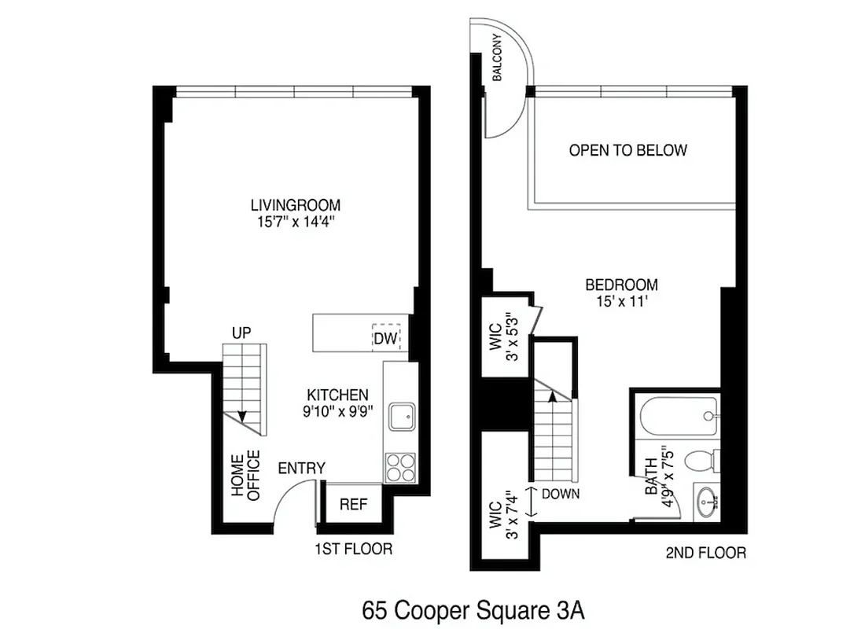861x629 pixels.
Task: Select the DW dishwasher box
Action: point(385,338)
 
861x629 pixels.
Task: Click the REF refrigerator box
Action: point(353,504)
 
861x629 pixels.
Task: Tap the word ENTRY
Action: point(301,469)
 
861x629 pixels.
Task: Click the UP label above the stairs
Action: point(241,333)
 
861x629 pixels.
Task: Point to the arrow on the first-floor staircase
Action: point(242,417)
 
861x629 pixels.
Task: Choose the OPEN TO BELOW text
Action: point(627,150)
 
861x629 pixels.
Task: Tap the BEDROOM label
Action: point(621,285)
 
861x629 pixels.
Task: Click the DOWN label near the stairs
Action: point(561,494)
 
